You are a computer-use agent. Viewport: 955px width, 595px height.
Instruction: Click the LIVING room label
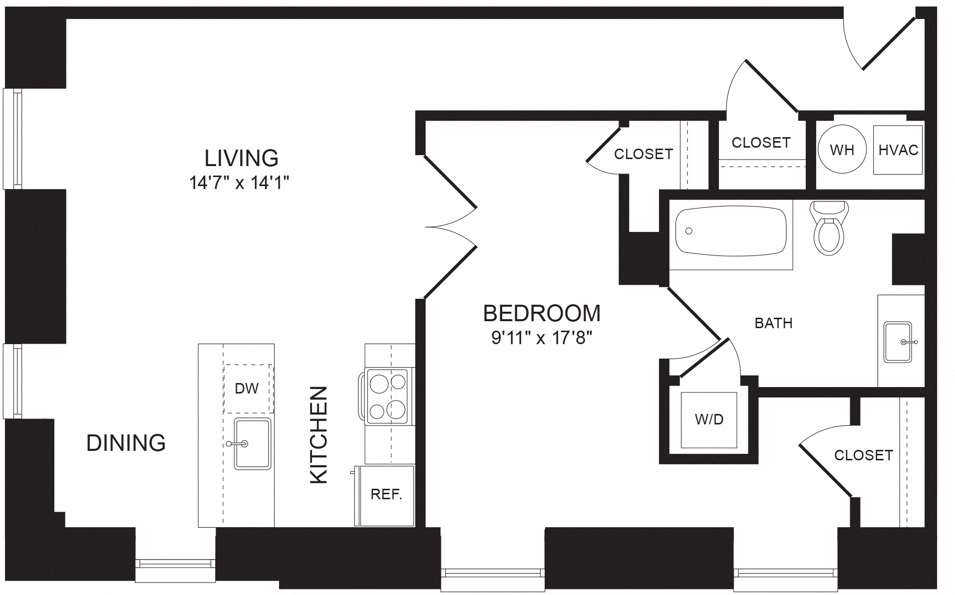[242, 158]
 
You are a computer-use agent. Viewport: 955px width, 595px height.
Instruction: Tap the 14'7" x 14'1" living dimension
[240, 184]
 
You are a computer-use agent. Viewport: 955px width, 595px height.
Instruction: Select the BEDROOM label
[542, 313]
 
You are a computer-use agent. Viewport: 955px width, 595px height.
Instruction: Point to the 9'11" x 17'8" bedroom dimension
[542, 339]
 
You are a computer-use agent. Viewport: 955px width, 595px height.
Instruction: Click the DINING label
[126, 443]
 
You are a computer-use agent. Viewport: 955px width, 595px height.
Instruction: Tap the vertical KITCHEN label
[318, 434]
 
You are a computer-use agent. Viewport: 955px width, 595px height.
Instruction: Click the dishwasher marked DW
[248, 389]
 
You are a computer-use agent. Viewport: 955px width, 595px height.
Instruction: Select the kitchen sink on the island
[253, 444]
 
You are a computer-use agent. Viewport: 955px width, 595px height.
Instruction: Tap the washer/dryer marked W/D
[709, 420]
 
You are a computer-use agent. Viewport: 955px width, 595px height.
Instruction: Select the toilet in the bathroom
[829, 228]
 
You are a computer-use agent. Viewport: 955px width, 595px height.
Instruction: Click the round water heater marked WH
[842, 150]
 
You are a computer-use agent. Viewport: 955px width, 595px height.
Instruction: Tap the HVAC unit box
[898, 150]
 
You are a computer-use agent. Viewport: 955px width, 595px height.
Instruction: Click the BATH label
[773, 323]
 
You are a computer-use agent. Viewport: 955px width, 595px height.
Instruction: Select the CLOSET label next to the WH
[761, 143]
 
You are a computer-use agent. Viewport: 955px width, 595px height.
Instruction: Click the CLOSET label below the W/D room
[863, 455]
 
